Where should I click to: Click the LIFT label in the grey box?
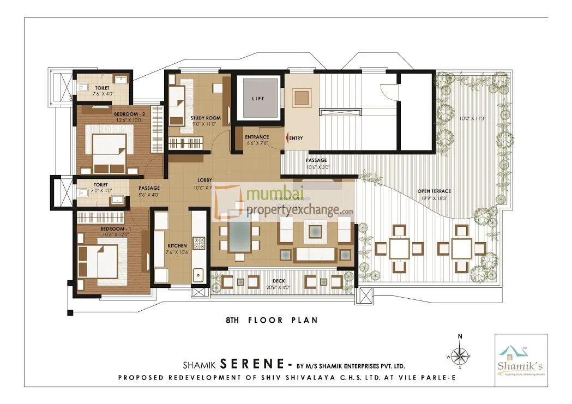coord(256,99)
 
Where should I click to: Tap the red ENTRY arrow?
coord(287,138)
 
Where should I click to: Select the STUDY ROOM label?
coord(205,118)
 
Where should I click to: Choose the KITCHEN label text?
coord(177,245)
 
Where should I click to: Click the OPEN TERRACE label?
coord(434,191)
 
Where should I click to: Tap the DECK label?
coord(279,281)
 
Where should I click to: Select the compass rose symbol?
coord(460,357)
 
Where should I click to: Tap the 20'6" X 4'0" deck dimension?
coord(279,287)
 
